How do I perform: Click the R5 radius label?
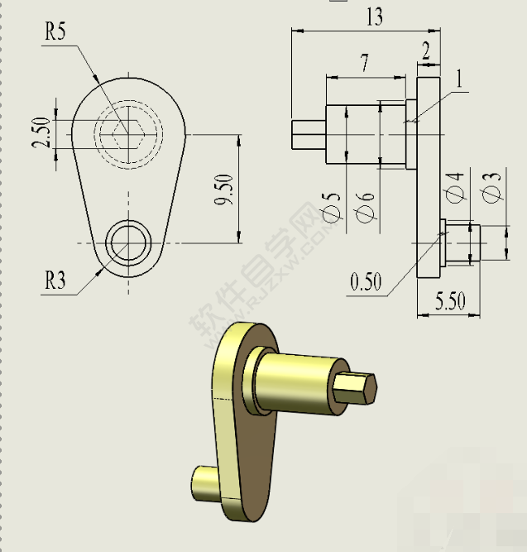click(55, 32)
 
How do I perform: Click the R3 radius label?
click(55, 281)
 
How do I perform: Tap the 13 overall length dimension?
click(374, 17)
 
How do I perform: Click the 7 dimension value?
click(364, 63)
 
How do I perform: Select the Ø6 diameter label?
click(367, 204)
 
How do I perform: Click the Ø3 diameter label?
click(492, 187)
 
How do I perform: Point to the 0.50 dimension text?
click(366, 281)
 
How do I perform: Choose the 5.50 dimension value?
click(450, 301)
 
